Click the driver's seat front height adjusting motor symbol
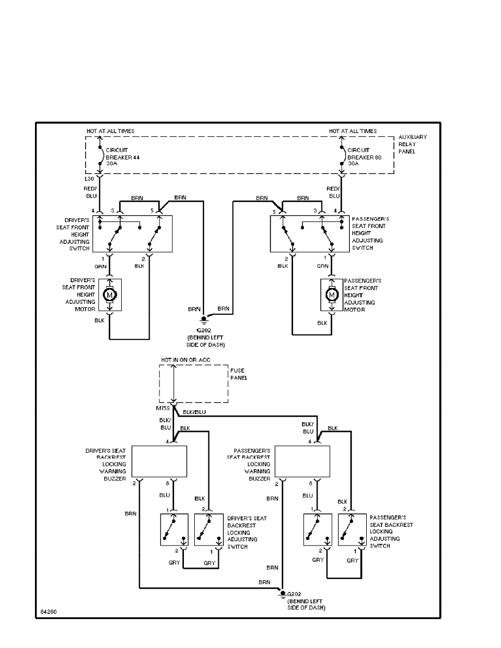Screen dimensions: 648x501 109,295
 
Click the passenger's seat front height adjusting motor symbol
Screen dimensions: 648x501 331,295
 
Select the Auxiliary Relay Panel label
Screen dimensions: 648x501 413,144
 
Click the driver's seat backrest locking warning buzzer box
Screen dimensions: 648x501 159,461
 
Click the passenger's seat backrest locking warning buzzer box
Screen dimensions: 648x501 302,461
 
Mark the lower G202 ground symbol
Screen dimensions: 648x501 283,593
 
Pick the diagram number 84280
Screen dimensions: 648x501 48,611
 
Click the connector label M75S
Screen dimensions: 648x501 163,409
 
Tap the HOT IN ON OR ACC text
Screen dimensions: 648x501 186,360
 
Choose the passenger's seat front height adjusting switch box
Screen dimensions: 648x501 309,233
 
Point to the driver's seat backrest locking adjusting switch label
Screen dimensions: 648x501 247,532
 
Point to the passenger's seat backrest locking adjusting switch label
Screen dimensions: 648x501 391,532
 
